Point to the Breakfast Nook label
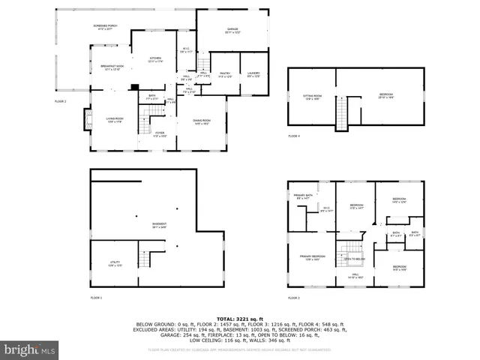(x=112, y=67)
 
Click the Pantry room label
(x=225, y=74)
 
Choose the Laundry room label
(x=253, y=74)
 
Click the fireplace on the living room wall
(x=87, y=119)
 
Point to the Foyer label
(x=160, y=134)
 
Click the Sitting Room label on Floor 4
(x=312, y=97)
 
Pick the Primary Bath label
(x=303, y=195)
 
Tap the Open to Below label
(x=355, y=259)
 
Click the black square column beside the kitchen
(x=133, y=87)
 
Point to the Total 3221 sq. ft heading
(x=239, y=319)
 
